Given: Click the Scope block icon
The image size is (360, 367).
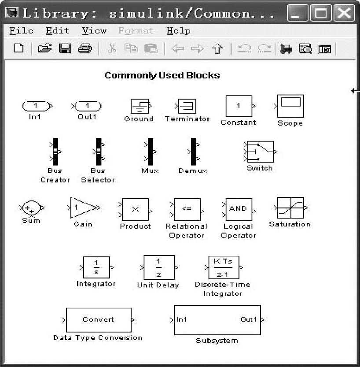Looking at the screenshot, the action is [291, 106].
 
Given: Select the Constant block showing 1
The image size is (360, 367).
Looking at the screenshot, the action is [239, 106].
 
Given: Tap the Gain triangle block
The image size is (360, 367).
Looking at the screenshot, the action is [83, 207].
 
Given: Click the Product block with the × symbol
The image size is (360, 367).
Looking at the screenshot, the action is [135, 210].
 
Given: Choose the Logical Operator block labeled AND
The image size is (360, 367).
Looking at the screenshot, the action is [238, 209].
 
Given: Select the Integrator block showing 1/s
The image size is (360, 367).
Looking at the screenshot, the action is [96, 267].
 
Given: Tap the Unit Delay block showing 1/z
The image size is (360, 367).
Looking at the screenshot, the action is [158, 267].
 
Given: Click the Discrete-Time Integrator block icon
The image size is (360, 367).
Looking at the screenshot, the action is [223, 267].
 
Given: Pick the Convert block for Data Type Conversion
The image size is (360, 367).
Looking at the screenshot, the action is [99, 320].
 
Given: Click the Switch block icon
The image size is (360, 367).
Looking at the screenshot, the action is [260, 152].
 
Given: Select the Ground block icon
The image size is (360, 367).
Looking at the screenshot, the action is [140, 106].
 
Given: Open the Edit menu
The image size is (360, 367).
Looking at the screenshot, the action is [57, 31].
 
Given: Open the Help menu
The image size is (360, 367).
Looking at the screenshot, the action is [178, 31].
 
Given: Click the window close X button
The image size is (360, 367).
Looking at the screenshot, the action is [344, 13].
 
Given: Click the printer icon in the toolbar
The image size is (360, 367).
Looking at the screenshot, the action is [84, 48].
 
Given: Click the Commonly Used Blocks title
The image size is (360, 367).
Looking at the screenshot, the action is [162, 75].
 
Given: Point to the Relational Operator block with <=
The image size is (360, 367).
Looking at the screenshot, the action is [187, 209].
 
